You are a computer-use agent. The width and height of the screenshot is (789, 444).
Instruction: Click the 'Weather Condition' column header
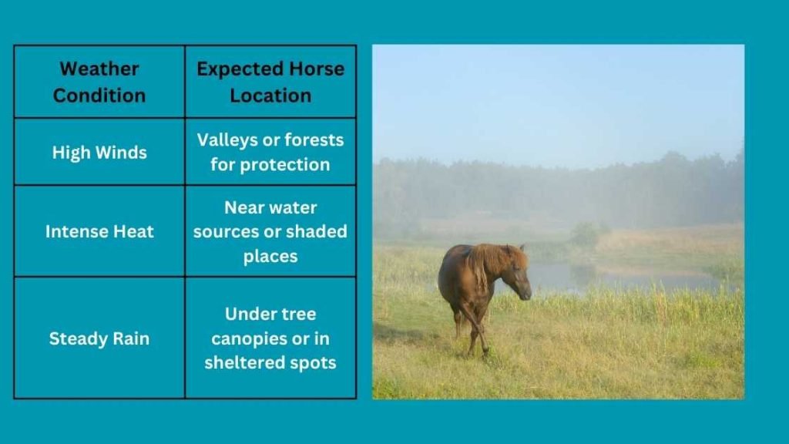(99, 82)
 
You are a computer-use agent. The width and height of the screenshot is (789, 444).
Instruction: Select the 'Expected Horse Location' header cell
(270, 82)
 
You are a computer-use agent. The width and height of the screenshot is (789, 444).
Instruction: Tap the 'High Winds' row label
(99, 152)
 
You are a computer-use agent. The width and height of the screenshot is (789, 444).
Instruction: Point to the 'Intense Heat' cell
(99, 231)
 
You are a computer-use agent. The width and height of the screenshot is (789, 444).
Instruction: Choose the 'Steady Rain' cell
(99, 338)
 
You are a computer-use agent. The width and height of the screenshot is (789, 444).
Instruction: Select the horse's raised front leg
(478, 328)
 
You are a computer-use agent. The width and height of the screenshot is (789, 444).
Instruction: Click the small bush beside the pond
(586, 233)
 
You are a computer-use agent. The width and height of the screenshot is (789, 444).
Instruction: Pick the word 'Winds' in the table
(123, 152)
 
